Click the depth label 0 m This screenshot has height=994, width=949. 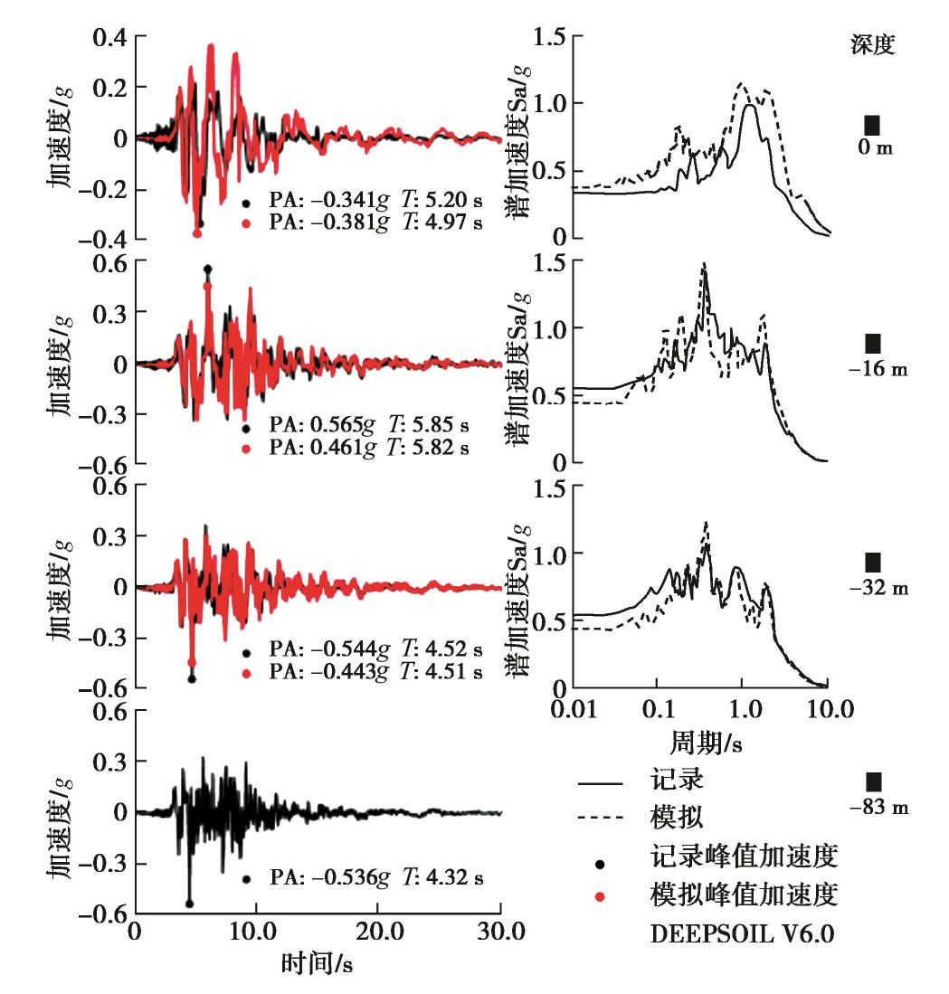tap(872, 147)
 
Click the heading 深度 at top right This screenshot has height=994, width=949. tap(872, 45)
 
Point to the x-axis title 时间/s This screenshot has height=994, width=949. tap(316, 966)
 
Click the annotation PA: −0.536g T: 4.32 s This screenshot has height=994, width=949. tap(375, 877)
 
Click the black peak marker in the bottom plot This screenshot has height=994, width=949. tap(189, 903)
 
